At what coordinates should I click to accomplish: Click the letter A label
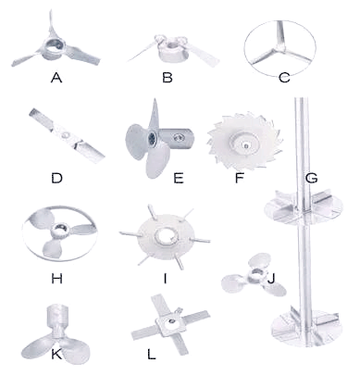[x=56, y=78]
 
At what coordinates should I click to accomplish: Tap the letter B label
[x=168, y=78]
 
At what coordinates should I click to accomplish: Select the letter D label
[x=56, y=178]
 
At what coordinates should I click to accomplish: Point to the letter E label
[x=179, y=178]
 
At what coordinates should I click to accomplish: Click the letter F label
[x=240, y=178]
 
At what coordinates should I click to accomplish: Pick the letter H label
[x=57, y=279]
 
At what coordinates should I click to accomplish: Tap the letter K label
[x=56, y=355]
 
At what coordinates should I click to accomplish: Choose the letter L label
[x=151, y=355]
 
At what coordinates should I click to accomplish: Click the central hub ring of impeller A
[x=56, y=47]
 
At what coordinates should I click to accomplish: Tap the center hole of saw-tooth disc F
[x=245, y=144]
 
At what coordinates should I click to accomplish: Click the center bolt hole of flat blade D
[x=66, y=135]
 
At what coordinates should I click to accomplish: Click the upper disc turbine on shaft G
[x=304, y=207]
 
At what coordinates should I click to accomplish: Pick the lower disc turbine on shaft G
[x=306, y=327]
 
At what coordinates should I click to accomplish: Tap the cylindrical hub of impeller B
[x=173, y=51]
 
